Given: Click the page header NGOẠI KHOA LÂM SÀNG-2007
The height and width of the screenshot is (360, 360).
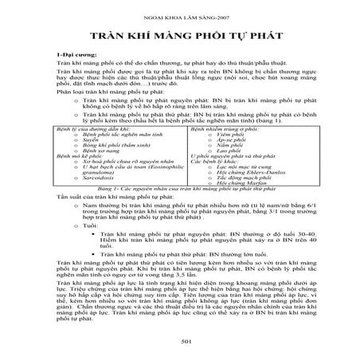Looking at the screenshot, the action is point(181,16).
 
